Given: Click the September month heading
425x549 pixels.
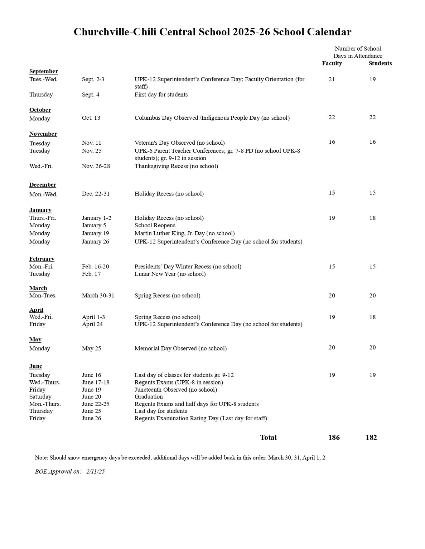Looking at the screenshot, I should (x=43, y=71).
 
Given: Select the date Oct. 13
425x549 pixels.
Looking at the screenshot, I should (x=91, y=118).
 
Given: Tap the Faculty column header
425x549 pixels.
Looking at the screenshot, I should (x=332, y=63).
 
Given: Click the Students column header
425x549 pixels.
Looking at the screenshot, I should (x=380, y=63).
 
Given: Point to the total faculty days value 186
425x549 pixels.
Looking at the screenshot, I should (x=334, y=437).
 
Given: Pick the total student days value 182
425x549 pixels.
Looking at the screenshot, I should (x=371, y=437).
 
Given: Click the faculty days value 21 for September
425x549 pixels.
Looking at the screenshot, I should (x=332, y=79).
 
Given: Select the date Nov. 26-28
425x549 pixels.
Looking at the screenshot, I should (x=96, y=166).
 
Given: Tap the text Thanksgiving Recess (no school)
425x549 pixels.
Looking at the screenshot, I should (x=176, y=166).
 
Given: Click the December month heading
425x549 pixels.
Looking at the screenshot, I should (x=43, y=185).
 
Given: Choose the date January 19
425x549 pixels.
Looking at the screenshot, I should (x=95, y=233).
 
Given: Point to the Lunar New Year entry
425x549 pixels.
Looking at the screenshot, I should (x=170, y=274).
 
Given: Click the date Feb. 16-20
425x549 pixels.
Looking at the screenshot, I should (x=95, y=267).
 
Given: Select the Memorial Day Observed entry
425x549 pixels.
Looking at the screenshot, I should (x=180, y=348).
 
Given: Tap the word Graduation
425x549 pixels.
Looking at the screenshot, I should (x=149, y=397).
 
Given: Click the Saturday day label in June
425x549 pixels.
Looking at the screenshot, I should (x=40, y=397).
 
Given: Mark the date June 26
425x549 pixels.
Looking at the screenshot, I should (x=91, y=419).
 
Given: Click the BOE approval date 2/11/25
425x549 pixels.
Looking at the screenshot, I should (x=96, y=472).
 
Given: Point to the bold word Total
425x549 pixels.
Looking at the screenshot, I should (x=268, y=437).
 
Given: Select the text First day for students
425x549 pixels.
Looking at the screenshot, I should (x=161, y=95).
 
